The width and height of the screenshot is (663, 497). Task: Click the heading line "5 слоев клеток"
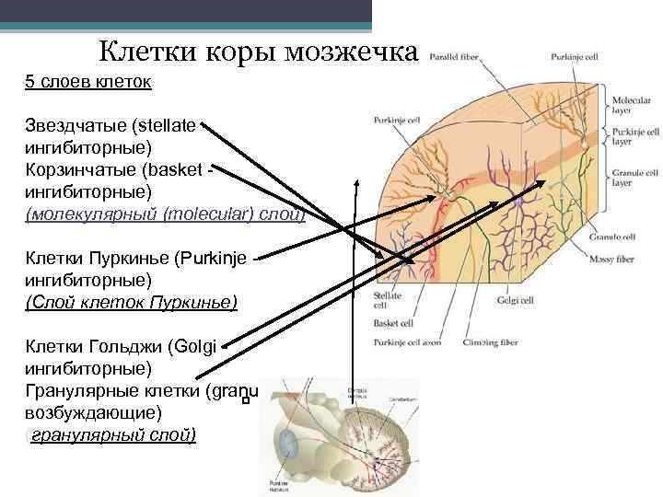[88, 82]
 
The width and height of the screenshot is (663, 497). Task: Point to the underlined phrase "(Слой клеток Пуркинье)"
[132, 301]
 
